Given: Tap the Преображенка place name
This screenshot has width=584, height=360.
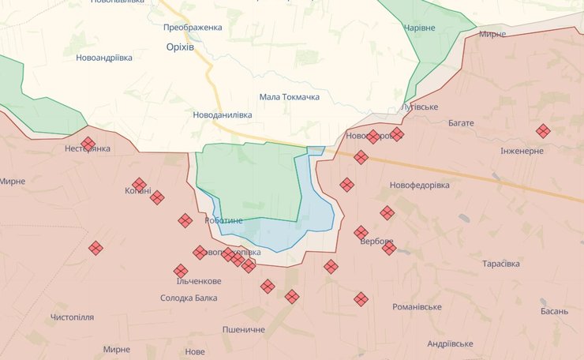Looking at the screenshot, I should [x=193, y=27].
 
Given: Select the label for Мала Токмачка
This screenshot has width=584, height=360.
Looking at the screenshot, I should [x=289, y=97].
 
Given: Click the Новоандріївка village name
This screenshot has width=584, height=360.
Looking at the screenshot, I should [x=110, y=58].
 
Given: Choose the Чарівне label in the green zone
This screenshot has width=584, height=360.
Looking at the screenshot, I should [x=419, y=27].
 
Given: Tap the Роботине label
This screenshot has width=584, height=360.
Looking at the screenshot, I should [x=223, y=220].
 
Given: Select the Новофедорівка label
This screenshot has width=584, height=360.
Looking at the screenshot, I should [x=419, y=185].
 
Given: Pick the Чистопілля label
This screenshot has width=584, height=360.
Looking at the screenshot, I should [x=72, y=317].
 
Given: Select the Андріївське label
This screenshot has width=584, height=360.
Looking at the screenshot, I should [x=450, y=343].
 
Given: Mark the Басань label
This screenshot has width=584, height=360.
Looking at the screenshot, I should [x=554, y=311].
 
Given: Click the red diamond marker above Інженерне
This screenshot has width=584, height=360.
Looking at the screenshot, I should [x=543, y=131].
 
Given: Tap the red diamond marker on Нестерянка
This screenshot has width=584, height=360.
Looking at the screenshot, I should [x=88, y=144].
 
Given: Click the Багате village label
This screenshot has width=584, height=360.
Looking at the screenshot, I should [x=460, y=123].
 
